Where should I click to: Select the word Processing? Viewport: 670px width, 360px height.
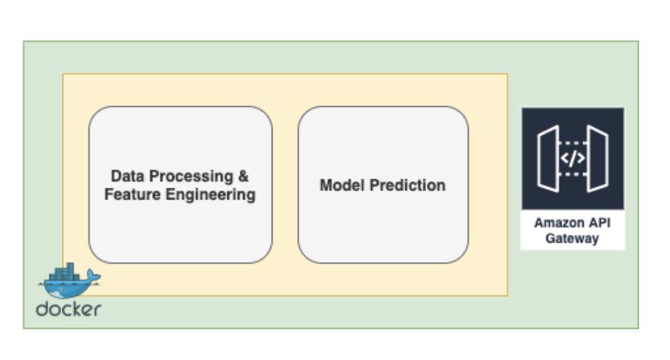pos(191,177)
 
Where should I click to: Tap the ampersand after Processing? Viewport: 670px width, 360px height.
pos(243,176)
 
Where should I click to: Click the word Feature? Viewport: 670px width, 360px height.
pos(133,195)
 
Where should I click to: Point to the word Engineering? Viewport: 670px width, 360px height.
pos(211,195)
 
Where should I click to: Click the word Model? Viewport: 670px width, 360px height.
pos(342,185)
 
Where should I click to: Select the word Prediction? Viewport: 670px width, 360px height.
pos(407,185)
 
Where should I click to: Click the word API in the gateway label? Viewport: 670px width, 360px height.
pos(600,223)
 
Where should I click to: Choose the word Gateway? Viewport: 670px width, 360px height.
pos(572,238)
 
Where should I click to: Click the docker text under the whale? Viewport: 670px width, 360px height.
pos(68,309)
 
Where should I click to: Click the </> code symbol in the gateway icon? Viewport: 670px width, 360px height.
pos(573,158)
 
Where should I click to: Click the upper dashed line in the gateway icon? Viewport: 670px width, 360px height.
pos(573,143)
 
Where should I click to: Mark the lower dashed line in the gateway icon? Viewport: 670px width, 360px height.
pos(573,174)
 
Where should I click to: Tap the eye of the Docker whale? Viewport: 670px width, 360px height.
pos(61,290)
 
